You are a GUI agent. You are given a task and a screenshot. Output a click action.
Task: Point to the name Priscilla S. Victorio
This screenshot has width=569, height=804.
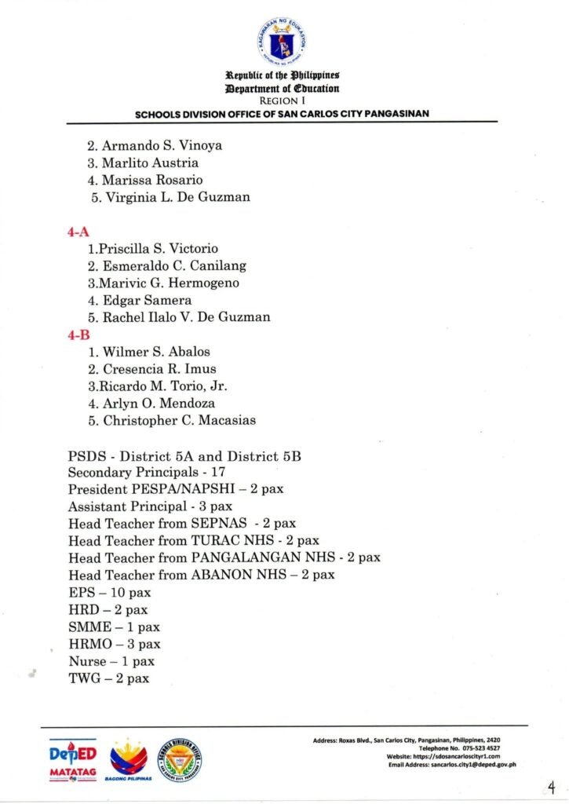pyautogui.click(x=153, y=249)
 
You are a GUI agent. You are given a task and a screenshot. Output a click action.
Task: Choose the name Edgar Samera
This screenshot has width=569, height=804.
pyautogui.click(x=139, y=300)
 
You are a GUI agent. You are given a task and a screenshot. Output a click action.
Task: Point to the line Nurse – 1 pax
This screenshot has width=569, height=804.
pyautogui.click(x=111, y=661)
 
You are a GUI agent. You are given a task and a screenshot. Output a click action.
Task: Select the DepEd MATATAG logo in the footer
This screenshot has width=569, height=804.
pyautogui.click(x=73, y=760)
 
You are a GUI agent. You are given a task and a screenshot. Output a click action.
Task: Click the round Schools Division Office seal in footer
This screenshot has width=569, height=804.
pyautogui.click(x=179, y=760)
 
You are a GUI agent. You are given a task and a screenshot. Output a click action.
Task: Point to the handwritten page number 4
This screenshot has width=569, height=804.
pyautogui.click(x=552, y=787)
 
